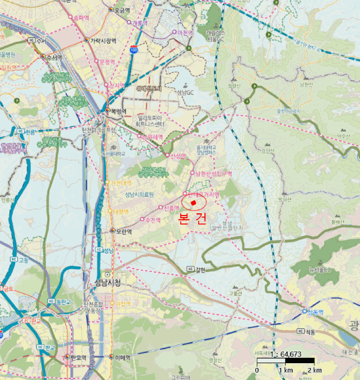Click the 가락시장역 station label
(x=103, y=40)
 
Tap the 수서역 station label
(x=54, y=56)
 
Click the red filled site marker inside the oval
(x=193, y=202)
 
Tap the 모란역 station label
(x=124, y=230)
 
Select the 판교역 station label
(x=79, y=357)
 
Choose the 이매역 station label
(x=123, y=357)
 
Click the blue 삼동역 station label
(x=315, y=311)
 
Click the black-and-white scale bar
(x=286, y=360)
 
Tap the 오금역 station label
(x=122, y=10)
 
